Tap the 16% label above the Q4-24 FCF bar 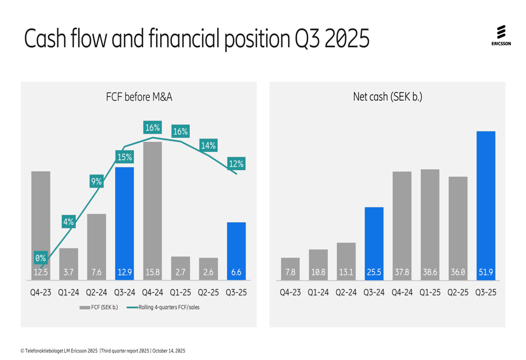[153, 128]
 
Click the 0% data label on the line [41, 258]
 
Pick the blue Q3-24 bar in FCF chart [124, 221]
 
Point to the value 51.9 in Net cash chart [485, 273]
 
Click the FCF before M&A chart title [139, 97]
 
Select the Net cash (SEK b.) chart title [388, 97]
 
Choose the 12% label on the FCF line [236, 164]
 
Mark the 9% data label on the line [96, 182]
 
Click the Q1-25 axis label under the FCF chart [180, 293]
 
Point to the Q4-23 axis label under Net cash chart [290, 293]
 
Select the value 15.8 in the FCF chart [153, 273]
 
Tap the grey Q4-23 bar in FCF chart [41, 221]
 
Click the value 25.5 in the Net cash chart [374, 273]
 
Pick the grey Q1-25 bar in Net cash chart [430, 221]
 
